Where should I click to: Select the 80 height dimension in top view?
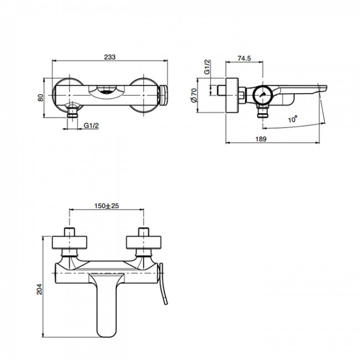40,97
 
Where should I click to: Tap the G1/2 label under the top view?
92,126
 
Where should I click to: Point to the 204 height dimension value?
39,287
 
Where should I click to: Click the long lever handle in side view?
299,89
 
